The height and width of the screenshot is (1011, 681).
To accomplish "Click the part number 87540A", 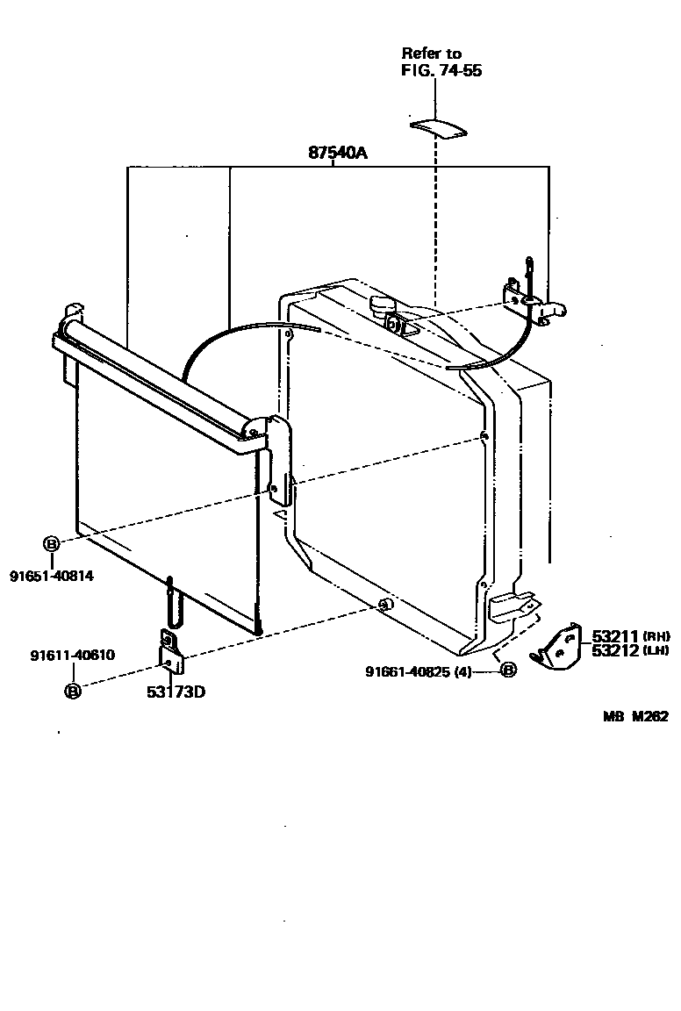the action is click(337, 153).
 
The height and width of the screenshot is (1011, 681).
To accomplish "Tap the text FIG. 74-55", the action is click(441, 71).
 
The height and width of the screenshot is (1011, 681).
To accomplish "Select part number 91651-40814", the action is click(52, 576).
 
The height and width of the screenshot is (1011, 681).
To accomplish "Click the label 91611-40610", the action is click(72, 656).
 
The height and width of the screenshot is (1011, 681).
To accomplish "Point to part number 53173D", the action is click(176, 692).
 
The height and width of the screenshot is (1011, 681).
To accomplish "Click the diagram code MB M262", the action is click(635, 716).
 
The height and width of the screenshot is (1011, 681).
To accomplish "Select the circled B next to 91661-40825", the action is click(508, 671).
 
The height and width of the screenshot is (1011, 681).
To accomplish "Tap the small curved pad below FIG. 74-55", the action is click(438, 127).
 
